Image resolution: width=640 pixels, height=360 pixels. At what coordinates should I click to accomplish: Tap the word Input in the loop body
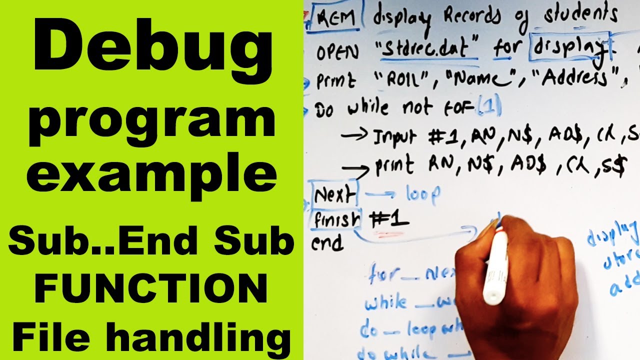pyautogui.click(x=395, y=137)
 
